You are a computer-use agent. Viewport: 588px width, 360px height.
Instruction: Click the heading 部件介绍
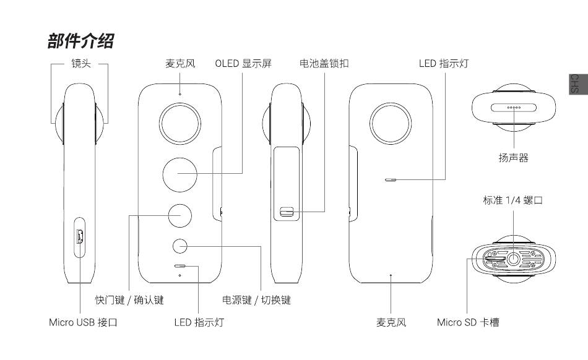tap(80, 42)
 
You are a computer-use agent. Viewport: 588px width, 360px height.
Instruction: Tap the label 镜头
tap(80, 63)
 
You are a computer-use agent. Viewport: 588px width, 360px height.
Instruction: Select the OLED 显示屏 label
tap(243, 63)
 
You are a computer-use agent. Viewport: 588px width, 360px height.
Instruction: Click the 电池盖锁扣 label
tap(324, 63)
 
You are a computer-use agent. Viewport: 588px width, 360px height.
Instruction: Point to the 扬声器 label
tap(513, 158)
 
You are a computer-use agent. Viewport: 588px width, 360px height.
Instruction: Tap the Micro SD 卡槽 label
tap(467, 322)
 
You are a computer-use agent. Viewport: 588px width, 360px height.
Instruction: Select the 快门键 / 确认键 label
tap(129, 300)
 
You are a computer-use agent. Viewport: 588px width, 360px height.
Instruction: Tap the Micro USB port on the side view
tap(79, 236)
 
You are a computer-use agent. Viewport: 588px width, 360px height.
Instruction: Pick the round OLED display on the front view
tap(180, 174)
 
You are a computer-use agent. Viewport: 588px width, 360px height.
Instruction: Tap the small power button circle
tap(180, 246)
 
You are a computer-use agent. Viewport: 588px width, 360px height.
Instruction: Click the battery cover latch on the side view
tap(286, 212)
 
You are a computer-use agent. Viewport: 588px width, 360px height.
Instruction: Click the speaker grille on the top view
tap(513, 107)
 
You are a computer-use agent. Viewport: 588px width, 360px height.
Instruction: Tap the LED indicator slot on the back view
tap(390, 181)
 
